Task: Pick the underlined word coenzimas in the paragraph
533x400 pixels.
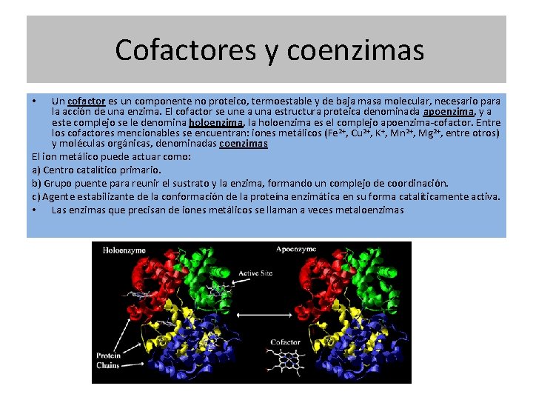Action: (244, 144)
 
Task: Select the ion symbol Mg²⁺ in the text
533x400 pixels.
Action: (430, 133)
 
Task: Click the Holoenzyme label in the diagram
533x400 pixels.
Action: (124, 250)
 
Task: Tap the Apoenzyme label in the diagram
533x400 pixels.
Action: (296, 250)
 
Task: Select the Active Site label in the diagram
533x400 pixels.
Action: (255, 274)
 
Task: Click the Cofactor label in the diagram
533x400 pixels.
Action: (285, 342)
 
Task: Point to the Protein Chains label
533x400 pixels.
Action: (108, 361)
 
